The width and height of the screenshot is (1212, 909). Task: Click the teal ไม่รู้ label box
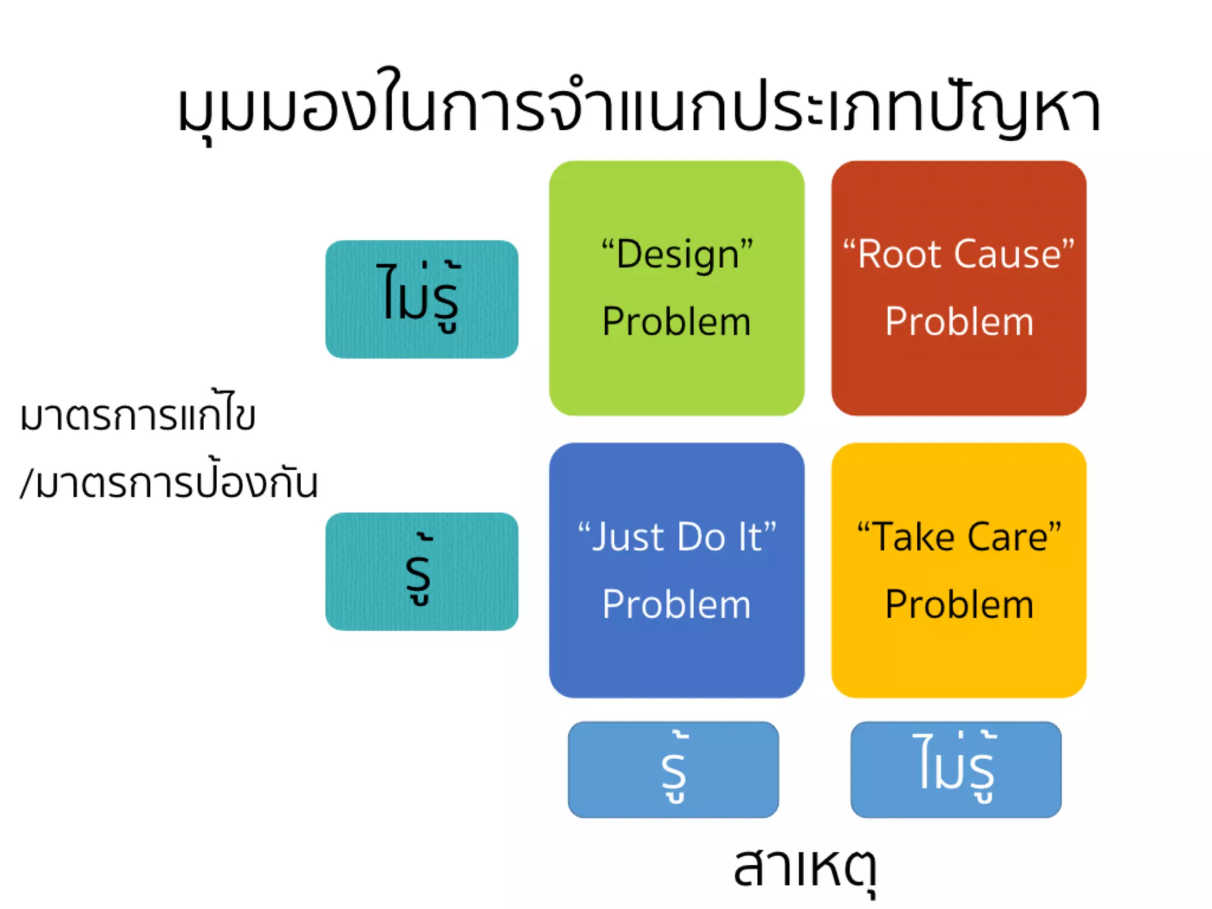coord(421,299)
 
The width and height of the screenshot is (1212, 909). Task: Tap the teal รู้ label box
coord(421,571)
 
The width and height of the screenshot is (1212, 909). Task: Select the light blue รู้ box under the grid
coord(673,769)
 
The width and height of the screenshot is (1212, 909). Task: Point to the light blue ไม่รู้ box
coord(956,769)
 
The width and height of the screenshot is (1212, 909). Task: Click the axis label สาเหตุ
coord(805,867)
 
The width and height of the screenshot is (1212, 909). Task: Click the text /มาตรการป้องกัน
coord(169,482)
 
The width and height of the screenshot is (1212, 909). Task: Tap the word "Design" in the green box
coord(677,254)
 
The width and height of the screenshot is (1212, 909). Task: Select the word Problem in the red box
coord(959,322)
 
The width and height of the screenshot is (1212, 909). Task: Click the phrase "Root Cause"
coord(959,254)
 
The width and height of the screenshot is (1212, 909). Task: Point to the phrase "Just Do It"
coord(677,537)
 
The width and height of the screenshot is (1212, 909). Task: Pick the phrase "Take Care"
coord(959,537)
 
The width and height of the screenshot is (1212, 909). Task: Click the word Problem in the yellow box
coord(959,605)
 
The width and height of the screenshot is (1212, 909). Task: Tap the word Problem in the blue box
coord(676,605)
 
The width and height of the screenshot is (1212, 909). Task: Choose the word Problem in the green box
coord(676,322)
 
